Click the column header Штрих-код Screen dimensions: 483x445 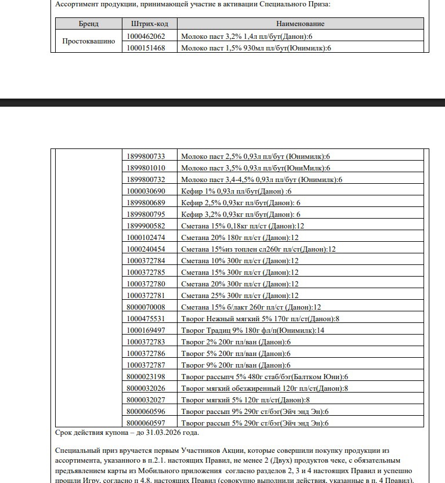click(x=146, y=24)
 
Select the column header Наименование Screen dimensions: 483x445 click(x=300, y=24)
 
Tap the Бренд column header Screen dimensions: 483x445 click(x=89, y=24)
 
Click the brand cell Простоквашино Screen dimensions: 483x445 click(x=89, y=42)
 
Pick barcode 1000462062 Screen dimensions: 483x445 click(x=146, y=36)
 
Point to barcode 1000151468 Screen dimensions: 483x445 click(x=146, y=48)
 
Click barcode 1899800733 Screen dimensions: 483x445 click(x=146, y=157)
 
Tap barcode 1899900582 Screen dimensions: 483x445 click(x=146, y=226)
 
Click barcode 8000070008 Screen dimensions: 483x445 click(x=146, y=307)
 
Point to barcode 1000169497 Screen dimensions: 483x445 click(x=146, y=331)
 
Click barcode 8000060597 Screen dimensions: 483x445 click(x=146, y=423)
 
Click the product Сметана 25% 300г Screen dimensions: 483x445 click(x=240, y=296)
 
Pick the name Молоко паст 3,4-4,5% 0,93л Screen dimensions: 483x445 click(x=262, y=180)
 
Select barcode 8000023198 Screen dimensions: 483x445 click(x=146, y=377)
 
